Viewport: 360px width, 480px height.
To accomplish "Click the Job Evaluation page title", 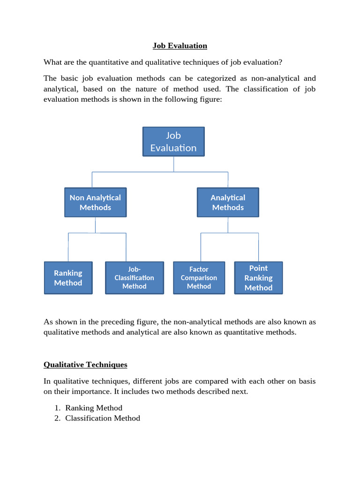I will (180, 45).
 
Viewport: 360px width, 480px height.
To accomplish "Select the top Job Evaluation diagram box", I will (173, 142).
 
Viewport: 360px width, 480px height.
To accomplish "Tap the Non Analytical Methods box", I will (95, 202).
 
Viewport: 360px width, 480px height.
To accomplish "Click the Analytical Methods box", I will (228, 202).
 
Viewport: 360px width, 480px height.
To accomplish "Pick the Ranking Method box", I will (68, 278).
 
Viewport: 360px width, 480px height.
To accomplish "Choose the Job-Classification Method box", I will (135, 278).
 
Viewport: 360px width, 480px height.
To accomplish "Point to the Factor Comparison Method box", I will (199, 278).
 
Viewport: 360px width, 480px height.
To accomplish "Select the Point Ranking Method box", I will (258, 278).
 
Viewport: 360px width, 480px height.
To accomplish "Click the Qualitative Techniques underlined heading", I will (85, 365).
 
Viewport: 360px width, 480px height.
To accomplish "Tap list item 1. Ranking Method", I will (94, 408).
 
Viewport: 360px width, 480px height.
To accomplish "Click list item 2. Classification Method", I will (102, 418).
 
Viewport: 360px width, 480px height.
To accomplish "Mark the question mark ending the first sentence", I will (281, 62).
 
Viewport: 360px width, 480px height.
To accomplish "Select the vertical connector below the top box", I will (173, 164).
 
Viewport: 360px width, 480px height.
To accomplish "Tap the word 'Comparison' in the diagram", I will (199, 278).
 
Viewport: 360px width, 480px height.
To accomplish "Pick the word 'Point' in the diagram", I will (258, 268).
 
